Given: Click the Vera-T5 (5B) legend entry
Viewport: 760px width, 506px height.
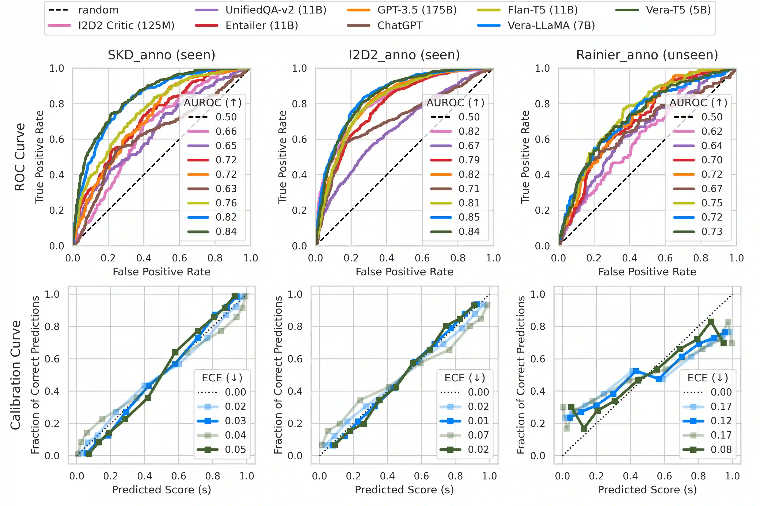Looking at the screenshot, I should click(x=678, y=10).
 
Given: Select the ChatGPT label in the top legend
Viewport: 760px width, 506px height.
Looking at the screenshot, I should click(x=400, y=26).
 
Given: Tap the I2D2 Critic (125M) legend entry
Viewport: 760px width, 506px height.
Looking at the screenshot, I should click(x=126, y=26).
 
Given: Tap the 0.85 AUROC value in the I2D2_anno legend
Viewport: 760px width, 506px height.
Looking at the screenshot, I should click(x=469, y=217).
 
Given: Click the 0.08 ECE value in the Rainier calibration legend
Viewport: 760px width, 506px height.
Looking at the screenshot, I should click(x=721, y=449).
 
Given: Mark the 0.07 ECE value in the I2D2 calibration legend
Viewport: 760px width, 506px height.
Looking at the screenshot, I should click(x=478, y=435).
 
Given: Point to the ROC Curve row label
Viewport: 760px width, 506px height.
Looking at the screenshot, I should click(x=20, y=157).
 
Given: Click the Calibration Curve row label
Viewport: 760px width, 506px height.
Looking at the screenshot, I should click(x=15, y=375).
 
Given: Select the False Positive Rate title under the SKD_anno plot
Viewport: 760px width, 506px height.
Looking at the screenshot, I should click(x=161, y=272).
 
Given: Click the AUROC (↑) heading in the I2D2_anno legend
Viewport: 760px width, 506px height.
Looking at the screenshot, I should click(x=455, y=103).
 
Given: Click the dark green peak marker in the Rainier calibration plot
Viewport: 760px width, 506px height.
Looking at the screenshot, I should click(x=711, y=322).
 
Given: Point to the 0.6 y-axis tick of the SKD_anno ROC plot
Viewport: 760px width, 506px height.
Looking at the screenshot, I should click(x=57, y=139).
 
